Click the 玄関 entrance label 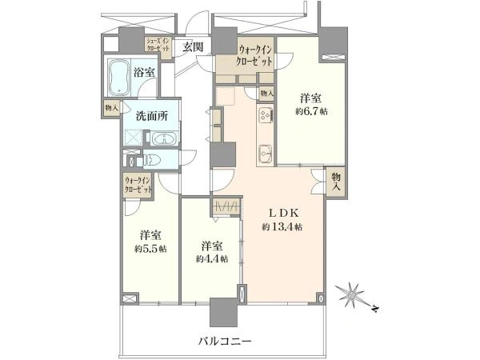tap(193, 46)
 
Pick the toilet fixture tap(153, 161)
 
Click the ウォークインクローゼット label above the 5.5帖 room tap(138, 186)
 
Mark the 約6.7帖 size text tap(311, 112)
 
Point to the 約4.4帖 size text tap(211, 258)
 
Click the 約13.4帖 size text tap(282, 227)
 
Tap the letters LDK tap(282, 212)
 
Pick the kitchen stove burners tap(265, 117)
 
